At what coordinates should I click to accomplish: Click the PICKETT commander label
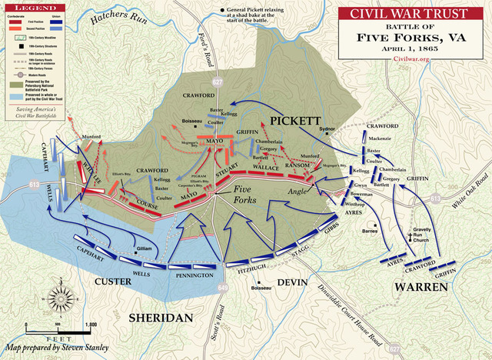click(x=293, y=121)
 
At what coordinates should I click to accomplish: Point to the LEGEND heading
click(x=28, y=7)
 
